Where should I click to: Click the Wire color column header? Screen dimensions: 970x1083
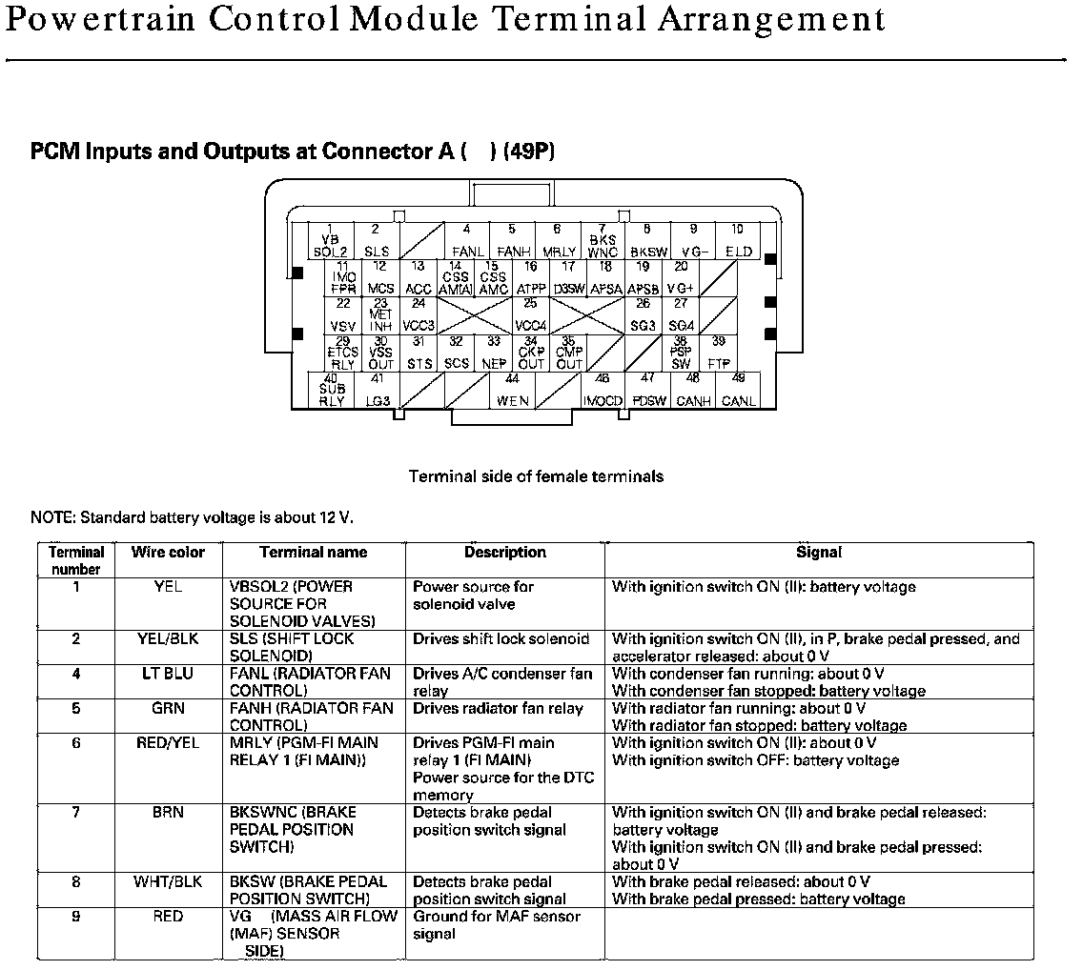point(168,553)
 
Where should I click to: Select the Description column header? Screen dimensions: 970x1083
point(505,553)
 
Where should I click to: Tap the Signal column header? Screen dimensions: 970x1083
point(819,553)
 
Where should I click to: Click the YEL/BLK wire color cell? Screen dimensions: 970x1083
point(168,639)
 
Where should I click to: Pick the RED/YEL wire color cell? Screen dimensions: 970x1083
point(168,743)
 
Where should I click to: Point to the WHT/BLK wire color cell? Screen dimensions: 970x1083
point(168,882)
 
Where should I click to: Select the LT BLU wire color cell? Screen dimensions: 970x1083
point(168,674)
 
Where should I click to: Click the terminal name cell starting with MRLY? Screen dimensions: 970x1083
point(304,751)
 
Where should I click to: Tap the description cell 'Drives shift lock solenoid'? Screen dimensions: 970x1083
point(501,639)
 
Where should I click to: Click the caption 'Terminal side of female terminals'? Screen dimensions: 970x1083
point(536,475)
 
